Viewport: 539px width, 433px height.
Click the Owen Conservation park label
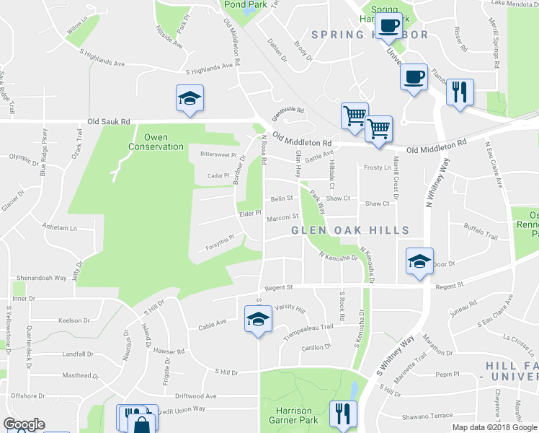pos(156,142)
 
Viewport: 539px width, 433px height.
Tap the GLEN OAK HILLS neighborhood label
pos(350,230)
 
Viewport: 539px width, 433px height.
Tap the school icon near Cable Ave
pos(257,319)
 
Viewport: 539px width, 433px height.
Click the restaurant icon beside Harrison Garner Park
pos(343,414)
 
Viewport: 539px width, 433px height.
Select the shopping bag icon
pos(143,423)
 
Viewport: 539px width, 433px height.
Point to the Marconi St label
pos(282,216)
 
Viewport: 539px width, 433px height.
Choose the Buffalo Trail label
pos(481,236)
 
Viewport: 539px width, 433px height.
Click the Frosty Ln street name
pos(377,167)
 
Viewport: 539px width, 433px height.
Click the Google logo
pos(24,425)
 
